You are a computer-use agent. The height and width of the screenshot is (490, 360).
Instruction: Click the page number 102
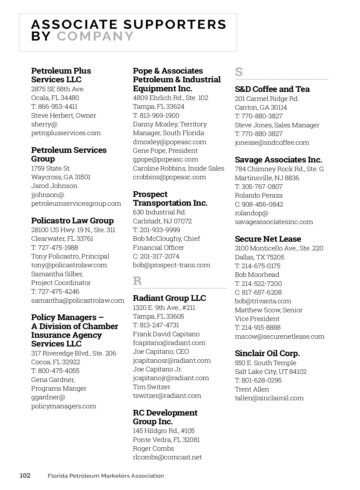(x=25, y=476)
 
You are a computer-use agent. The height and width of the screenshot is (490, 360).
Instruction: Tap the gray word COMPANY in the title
(x=95, y=36)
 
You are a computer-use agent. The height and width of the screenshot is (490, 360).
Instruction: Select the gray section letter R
(x=137, y=281)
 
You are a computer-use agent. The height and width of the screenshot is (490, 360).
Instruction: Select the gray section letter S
(x=239, y=72)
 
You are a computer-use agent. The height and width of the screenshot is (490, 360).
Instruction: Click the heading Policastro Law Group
(x=72, y=221)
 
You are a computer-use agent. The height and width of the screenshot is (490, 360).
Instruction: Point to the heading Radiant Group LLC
(x=169, y=298)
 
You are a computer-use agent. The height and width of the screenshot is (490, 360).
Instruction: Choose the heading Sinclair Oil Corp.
(x=267, y=353)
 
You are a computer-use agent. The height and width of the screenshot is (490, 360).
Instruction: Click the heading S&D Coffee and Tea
(x=272, y=89)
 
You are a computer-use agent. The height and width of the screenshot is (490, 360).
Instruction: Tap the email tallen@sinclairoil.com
(x=269, y=398)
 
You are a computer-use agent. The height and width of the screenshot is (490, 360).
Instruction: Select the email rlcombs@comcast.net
(x=167, y=457)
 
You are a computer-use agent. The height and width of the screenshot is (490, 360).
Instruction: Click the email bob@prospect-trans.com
(x=171, y=265)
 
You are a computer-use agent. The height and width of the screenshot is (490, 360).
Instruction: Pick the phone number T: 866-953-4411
(x=54, y=107)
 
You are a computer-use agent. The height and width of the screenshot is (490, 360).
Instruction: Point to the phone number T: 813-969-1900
(x=156, y=116)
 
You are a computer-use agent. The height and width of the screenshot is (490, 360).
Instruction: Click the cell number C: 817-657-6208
(x=258, y=292)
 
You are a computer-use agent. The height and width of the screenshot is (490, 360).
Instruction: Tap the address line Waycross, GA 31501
(x=61, y=177)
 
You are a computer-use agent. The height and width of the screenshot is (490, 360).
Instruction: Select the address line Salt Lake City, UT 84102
(x=271, y=372)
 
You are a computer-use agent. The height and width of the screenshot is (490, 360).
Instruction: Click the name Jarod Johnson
(x=54, y=186)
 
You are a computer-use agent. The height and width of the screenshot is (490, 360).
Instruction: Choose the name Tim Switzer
(x=151, y=387)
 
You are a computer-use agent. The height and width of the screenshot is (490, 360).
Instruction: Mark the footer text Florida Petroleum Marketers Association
(x=106, y=476)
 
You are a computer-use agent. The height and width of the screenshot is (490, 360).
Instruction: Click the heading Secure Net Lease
(x=268, y=239)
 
